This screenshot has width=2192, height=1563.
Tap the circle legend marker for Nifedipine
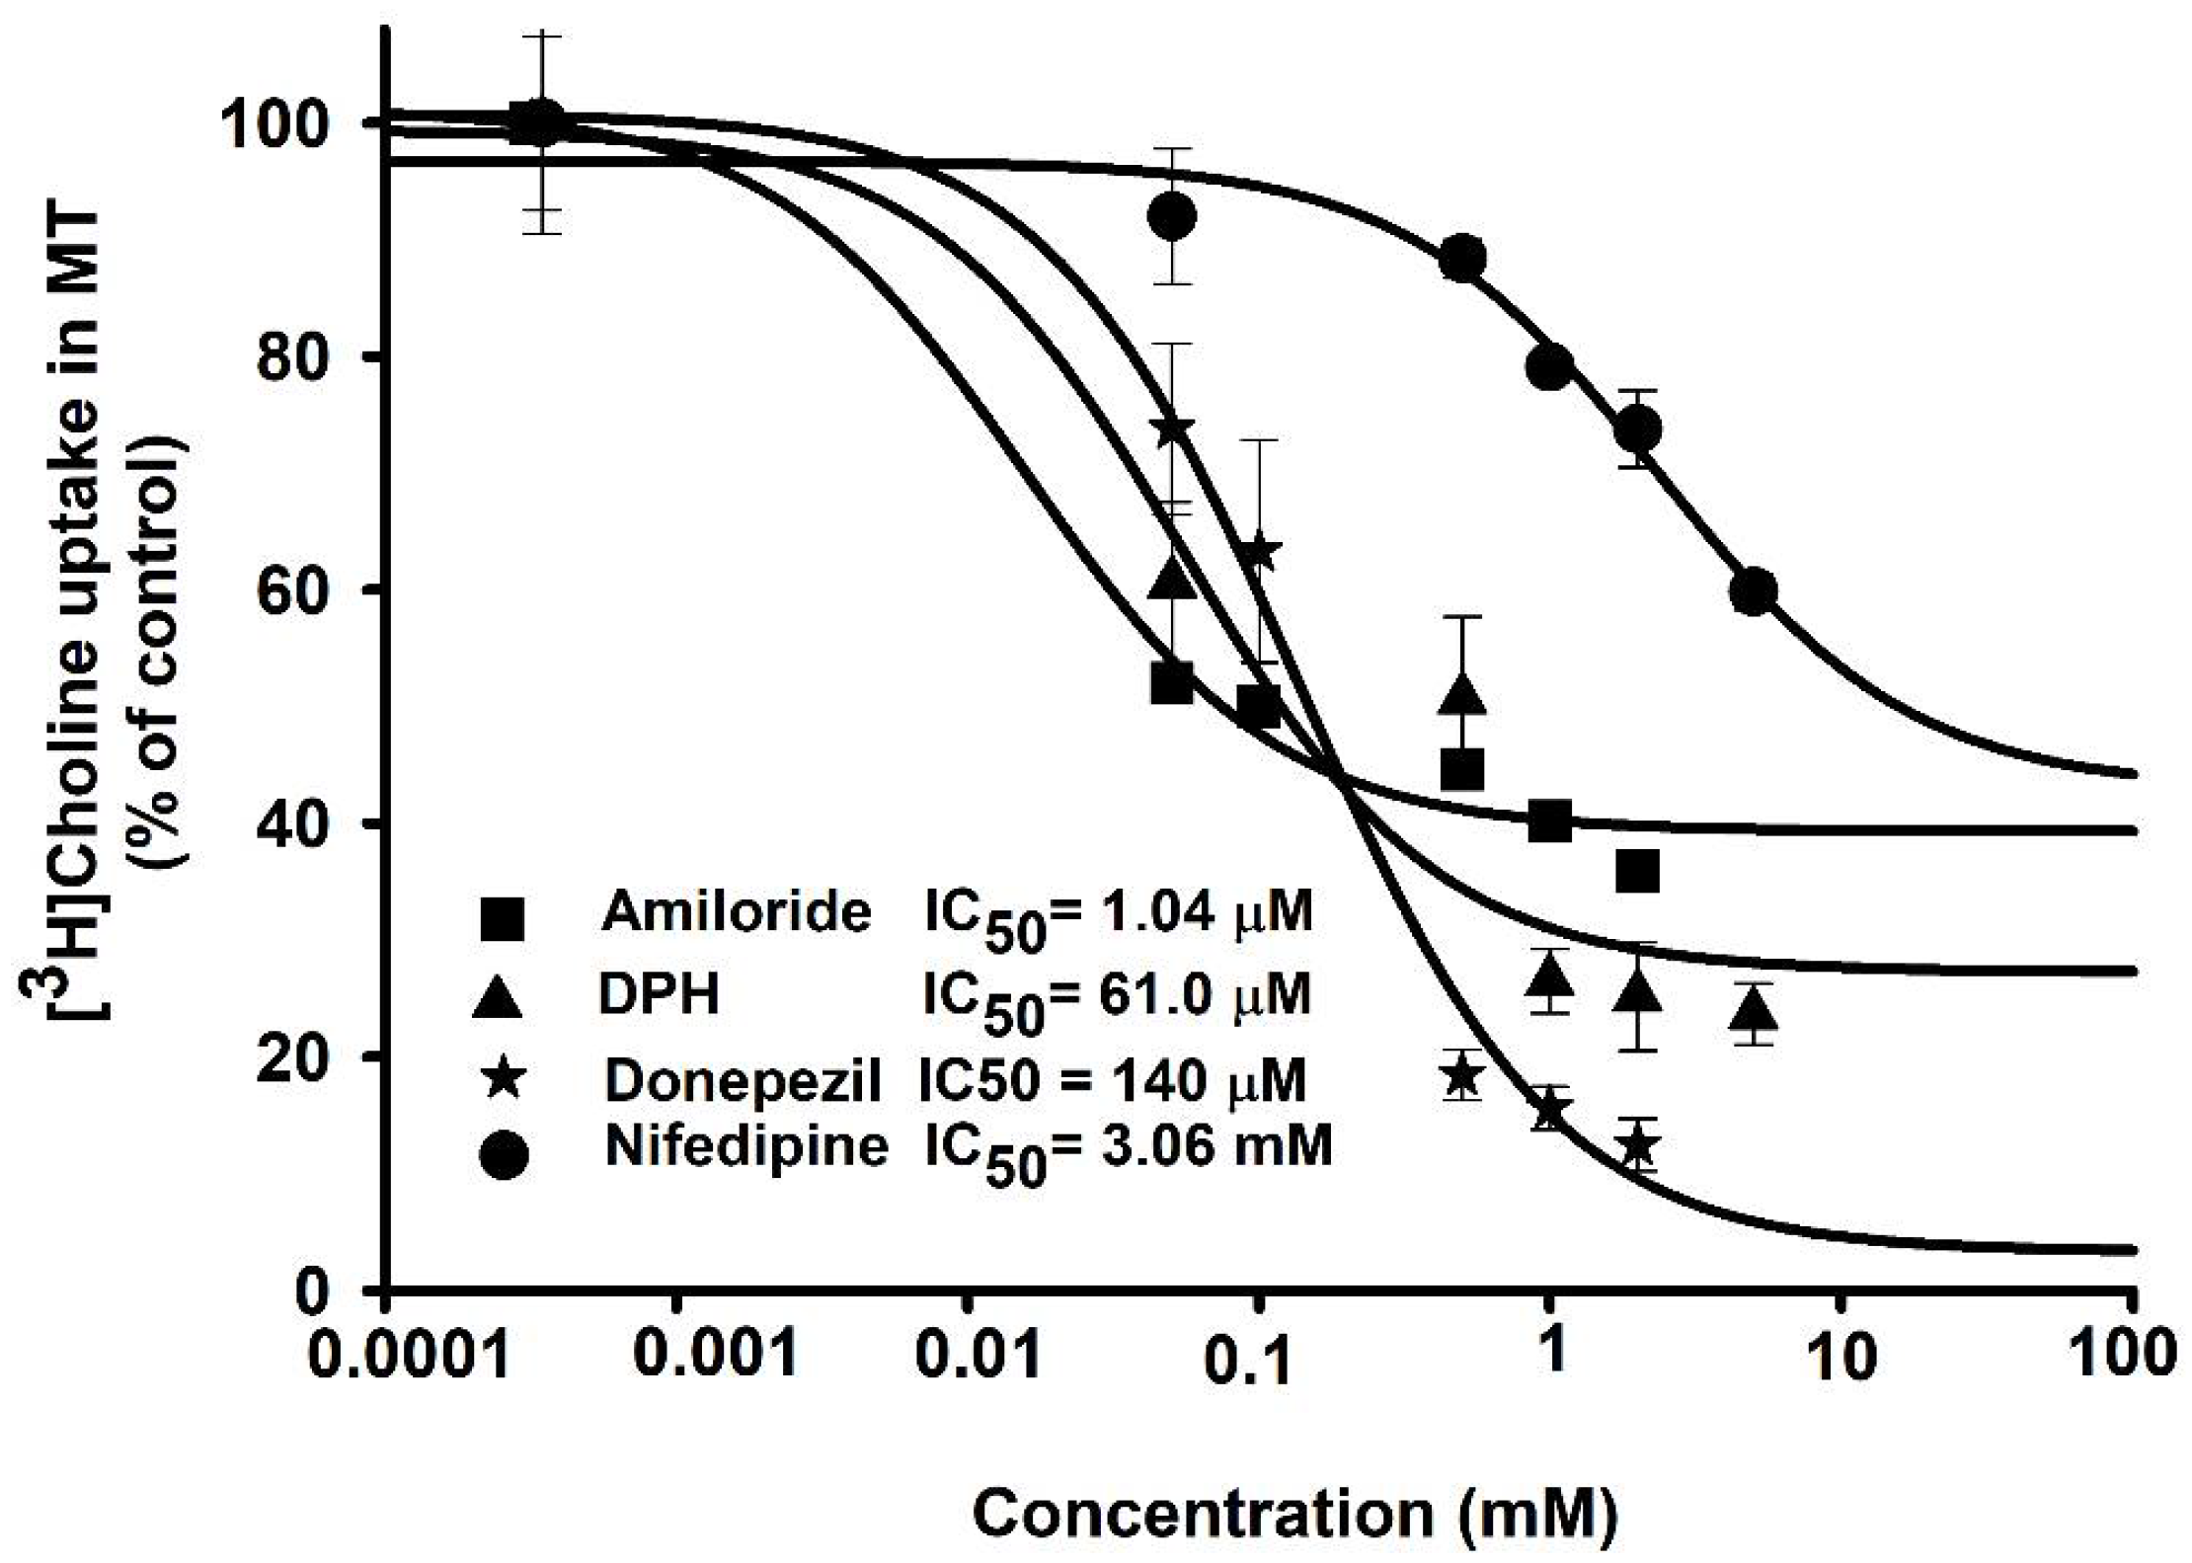(x=505, y=1155)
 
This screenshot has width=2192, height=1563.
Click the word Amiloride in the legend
(x=737, y=911)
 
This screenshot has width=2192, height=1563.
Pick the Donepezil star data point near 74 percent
(x=1172, y=428)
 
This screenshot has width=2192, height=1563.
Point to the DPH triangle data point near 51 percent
(x=1462, y=695)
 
